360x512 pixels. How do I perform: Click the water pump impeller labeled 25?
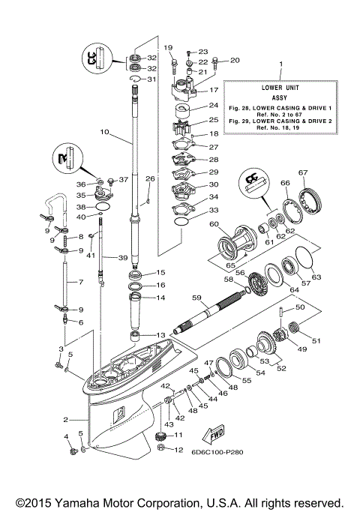(184, 121)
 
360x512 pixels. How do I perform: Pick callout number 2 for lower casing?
(65, 420)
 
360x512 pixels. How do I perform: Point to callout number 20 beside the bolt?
(234, 60)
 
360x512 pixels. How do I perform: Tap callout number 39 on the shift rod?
(122, 257)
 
